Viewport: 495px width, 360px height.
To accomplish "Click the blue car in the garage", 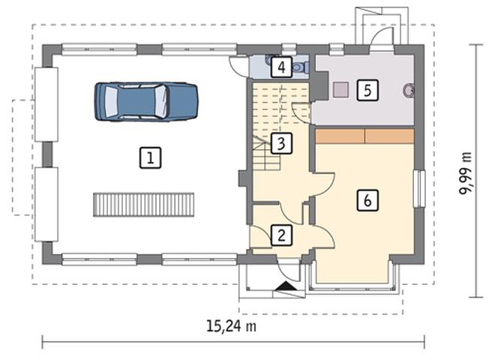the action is pos(146,102).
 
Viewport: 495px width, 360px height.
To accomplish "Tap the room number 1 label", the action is pos(150,157).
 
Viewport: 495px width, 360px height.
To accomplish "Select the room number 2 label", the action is pos(281,235).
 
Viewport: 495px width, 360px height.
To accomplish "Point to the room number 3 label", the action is pos(281,143).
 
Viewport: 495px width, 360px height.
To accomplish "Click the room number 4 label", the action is pos(281,67).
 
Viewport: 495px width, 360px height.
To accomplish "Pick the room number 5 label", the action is pos(367,90).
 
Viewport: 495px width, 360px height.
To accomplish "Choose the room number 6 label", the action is pos(367,200).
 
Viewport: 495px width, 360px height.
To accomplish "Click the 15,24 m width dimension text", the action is pos(231,326).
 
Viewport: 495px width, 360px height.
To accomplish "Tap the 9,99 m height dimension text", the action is pos(465,174).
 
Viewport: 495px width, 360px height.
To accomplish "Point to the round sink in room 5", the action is pos(409,90).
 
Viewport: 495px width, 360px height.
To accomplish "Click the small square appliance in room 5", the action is pos(340,89).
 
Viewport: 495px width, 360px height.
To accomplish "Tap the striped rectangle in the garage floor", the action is pos(144,205).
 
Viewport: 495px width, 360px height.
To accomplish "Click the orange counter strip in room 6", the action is pos(364,136).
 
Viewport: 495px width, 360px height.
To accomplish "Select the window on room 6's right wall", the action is pos(419,189).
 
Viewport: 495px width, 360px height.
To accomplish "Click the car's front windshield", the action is pos(162,102).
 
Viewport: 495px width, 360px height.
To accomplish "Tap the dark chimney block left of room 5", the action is pos(319,85).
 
